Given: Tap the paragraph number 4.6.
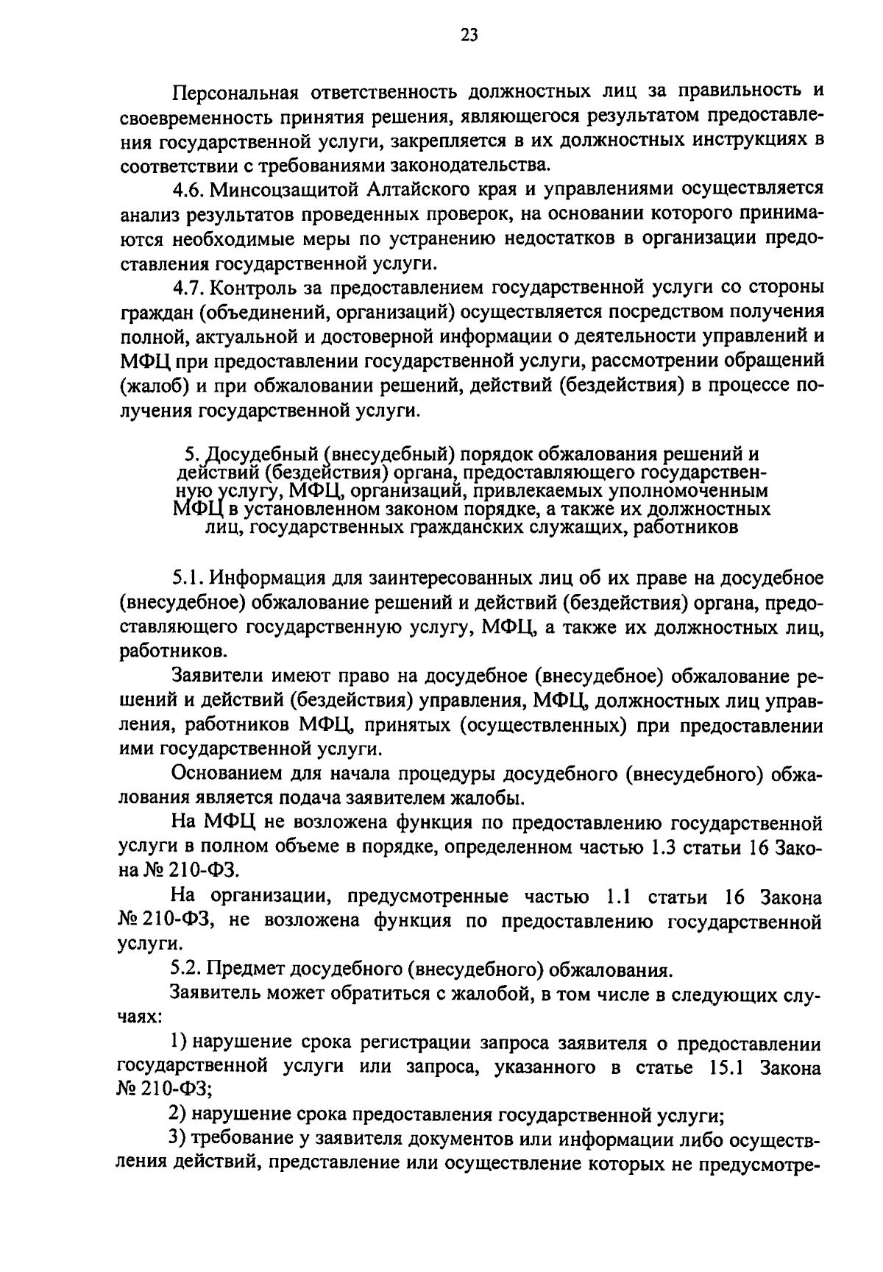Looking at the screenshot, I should pos(188,189).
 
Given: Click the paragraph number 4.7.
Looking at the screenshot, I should pos(188,287).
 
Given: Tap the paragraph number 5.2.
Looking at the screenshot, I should pos(188,970).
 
